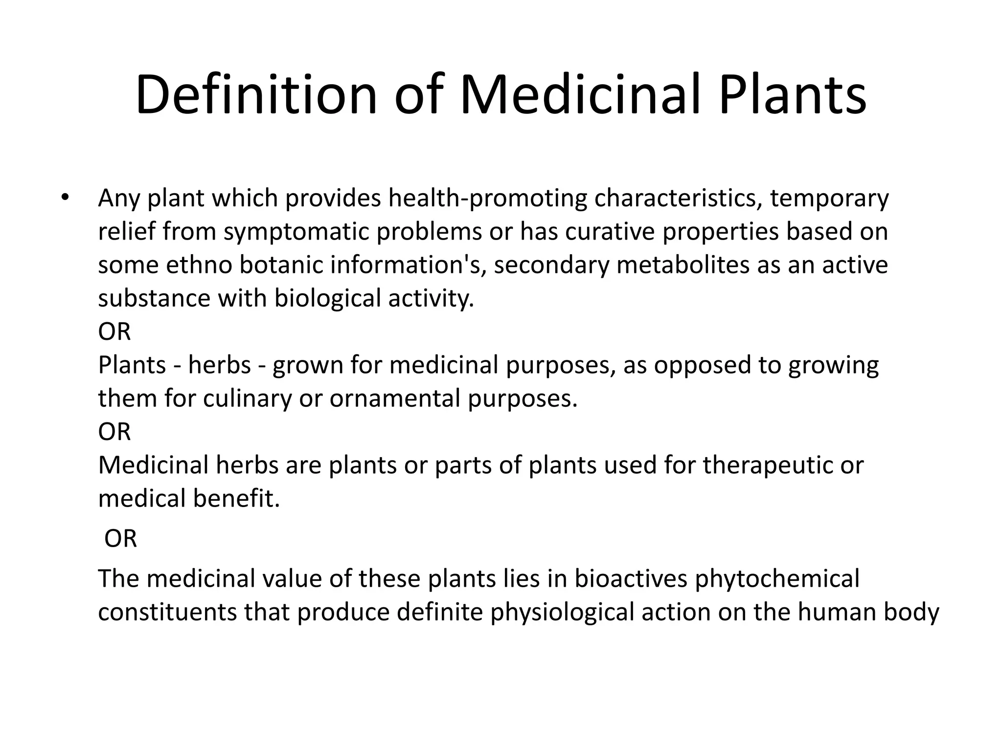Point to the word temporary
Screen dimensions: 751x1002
(x=829, y=199)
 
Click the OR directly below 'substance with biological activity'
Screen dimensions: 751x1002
(x=114, y=332)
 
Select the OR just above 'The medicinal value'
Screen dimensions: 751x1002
(x=120, y=539)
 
